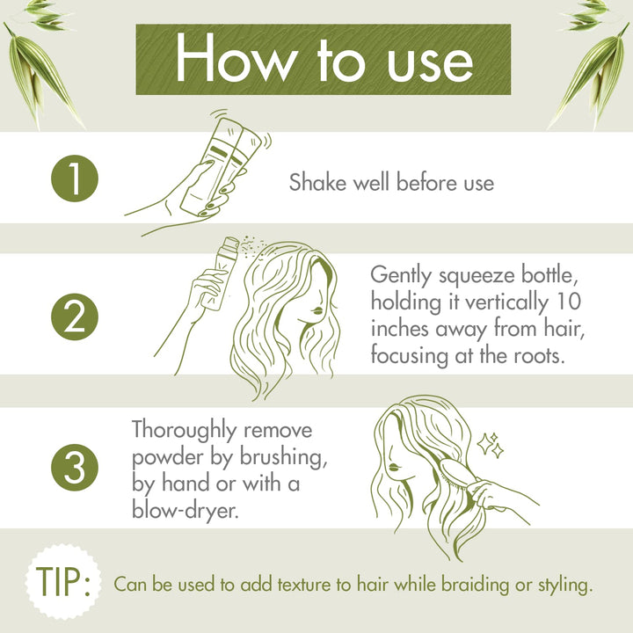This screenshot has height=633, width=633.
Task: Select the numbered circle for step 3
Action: click(73, 468)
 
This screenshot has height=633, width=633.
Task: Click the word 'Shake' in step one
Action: click(315, 183)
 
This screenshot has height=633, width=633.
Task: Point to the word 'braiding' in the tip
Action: click(480, 582)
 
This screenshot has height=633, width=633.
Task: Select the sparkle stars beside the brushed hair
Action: click(491, 445)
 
